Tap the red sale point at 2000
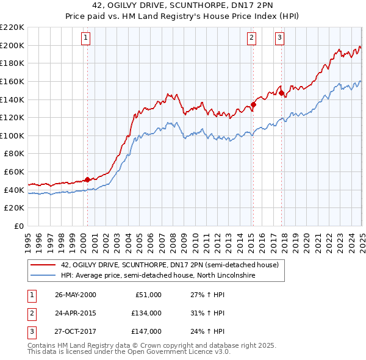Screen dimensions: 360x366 pos(87,179)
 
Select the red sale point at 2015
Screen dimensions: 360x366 pos(253,104)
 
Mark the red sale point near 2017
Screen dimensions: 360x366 pos(282,93)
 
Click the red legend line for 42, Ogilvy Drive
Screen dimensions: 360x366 pos(43,265)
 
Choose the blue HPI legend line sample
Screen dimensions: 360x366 pos(43,275)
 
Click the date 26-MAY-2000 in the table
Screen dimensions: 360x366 pos(76,295)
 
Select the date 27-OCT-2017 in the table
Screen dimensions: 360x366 pos(76,331)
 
